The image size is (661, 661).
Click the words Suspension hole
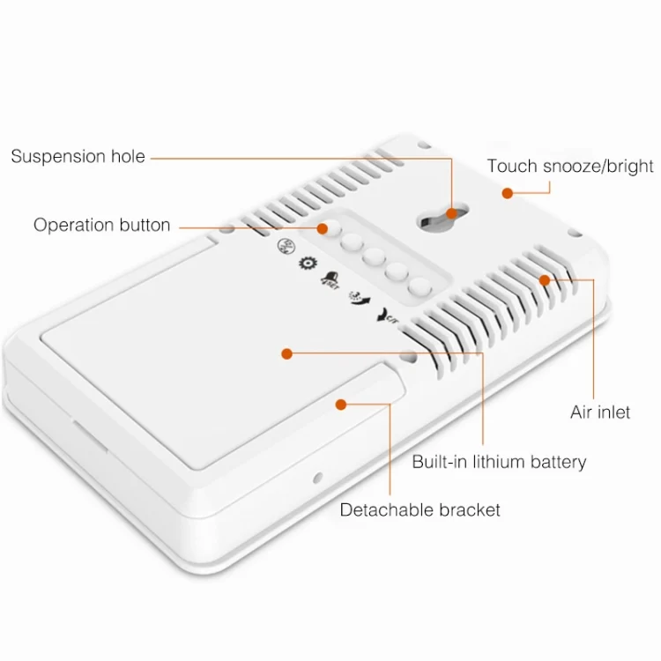tap(78, 156)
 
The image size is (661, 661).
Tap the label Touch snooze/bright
tap(570, 166)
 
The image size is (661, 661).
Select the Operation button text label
tap(102, 225)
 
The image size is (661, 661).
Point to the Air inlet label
tap(600, 412)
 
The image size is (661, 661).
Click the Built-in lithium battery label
tap(499, 462)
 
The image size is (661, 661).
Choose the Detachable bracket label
tap(420, 509)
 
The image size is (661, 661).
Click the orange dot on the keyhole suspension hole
tap(451, 213)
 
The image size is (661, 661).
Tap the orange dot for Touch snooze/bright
tap(507, 193)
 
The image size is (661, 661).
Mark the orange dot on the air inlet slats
tap(545, 280)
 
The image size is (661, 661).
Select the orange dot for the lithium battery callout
tap(286, 353)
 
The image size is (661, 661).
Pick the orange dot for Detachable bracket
tap(340, 405)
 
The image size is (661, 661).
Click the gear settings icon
tap(308, 263)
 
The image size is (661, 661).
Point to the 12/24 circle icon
tap(286, 246)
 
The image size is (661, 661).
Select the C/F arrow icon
tap(387, 316)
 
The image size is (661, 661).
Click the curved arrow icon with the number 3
tap(360, 298)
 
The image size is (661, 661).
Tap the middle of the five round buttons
tap(374, 256)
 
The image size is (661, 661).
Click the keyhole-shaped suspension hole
tap(442, 217)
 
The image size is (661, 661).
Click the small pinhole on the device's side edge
tap(318, 478)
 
